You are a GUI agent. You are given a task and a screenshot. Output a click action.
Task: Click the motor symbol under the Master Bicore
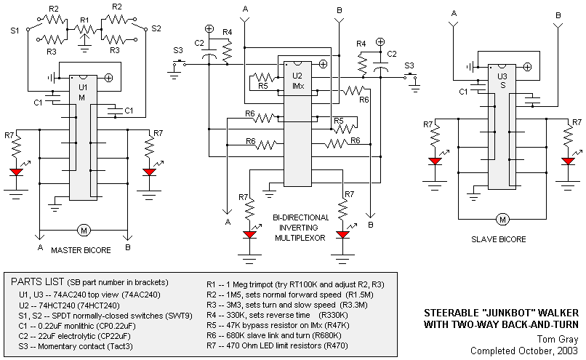click(x=84, y=231)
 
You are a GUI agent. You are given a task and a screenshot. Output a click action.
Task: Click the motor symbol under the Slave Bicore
click(x=502, y=220)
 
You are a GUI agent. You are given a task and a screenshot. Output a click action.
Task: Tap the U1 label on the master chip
click(x=83, y=87)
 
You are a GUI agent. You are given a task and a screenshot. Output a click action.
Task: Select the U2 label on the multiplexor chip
click(x=297, y=76)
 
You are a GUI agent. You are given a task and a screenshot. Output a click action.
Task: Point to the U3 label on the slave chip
click(x=502, y=76)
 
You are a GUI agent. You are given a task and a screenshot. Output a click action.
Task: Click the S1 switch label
click(x=15, y=31)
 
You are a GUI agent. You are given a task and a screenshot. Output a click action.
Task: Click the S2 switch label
click(x=156, y=28)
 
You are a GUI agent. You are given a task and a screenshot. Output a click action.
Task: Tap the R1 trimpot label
click(x=85, y=20)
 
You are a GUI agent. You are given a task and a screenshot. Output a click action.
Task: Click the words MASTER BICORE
click(x=81, y=250)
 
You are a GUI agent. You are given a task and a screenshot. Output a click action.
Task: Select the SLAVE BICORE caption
click(x=498, y=239)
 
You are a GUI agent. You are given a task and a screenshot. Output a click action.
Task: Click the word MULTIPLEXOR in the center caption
click(x=300, y=238)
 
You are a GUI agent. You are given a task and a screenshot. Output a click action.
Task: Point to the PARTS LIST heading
click(x=37, y=281)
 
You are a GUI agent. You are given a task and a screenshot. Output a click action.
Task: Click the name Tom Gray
click(x=558, y=339)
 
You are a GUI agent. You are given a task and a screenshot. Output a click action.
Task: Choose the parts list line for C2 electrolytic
click(x=74, y=336)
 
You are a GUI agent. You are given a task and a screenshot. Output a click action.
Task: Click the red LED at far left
click(x=17, y=172)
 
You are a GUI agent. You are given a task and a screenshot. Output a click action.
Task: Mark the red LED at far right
click(x=568, y=161)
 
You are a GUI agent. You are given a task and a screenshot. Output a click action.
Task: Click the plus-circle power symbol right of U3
click(x=527, y=67)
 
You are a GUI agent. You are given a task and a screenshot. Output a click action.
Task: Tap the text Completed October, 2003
click(x=524, y=351)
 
